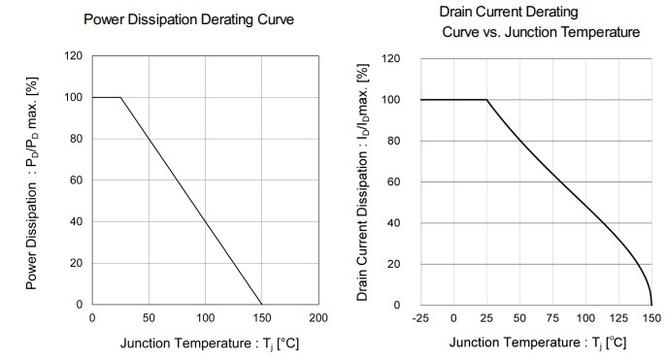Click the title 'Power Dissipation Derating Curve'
(188, 19)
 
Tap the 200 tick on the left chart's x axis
(317, 318)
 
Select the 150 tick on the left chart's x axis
(261, 318)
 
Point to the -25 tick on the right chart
(420, 318)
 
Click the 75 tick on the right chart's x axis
(552, 318)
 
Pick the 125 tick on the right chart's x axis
(618, 318)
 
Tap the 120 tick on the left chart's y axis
(74, 55)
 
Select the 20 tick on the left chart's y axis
(77, 263)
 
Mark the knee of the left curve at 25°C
(120, 97)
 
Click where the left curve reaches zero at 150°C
(261, 305)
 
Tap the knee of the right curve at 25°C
(486, 100)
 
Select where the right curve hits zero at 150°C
(651, 305)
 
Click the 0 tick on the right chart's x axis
(453, 318)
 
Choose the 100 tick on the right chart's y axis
(394, 100)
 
